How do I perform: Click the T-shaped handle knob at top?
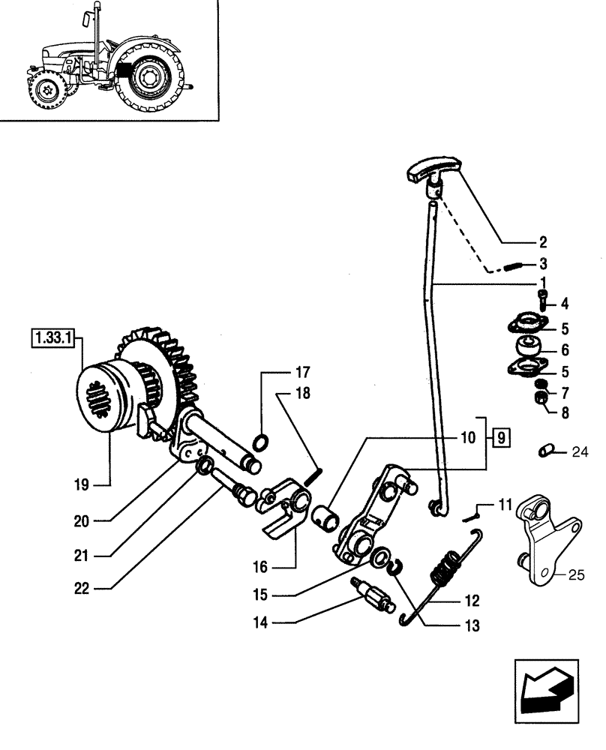(x=433, y=177)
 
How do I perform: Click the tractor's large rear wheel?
(x=152, y=76)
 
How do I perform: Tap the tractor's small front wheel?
(x=46, y=91)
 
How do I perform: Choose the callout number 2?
(x=542, y=242)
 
